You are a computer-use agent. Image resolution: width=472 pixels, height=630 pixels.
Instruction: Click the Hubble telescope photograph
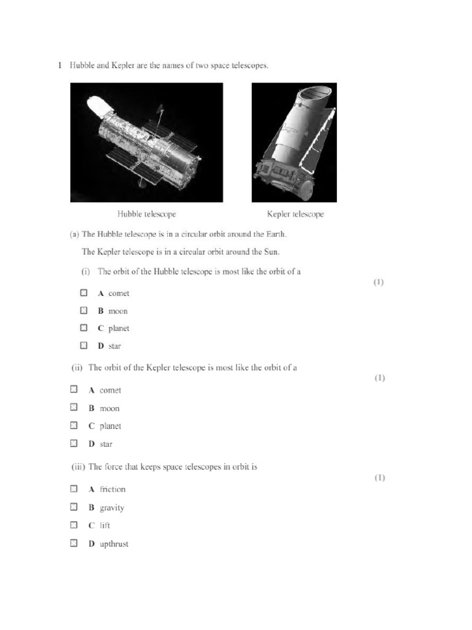[146, 143]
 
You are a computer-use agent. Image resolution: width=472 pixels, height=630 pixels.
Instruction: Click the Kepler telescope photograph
[294, 143]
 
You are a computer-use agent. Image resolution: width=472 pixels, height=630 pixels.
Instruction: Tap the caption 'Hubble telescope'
[147, 214]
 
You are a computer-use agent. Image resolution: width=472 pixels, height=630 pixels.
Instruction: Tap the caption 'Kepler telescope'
[295, 214]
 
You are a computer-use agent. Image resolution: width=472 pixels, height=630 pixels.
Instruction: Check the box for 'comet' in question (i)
[84, 293]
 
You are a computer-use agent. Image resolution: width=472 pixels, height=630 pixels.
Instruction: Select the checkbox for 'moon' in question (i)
[84, 311]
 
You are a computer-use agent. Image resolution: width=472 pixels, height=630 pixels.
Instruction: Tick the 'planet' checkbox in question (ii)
[74, 425]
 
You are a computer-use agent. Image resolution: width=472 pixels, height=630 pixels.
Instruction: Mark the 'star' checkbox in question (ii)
[74, 443]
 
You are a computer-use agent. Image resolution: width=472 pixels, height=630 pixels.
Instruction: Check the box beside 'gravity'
[74, 507]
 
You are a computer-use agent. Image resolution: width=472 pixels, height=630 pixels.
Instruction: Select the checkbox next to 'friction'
[74, 489]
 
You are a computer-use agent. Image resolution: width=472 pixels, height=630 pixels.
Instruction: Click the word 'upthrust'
[114, 544]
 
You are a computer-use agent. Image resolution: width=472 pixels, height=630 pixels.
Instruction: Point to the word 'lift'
[105, 525]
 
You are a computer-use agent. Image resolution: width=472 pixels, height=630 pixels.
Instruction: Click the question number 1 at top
[60, 65]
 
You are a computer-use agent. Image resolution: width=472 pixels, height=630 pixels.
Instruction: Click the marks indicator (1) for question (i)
[379, 282]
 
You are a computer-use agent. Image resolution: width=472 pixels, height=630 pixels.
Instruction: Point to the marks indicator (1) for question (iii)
[380, 477]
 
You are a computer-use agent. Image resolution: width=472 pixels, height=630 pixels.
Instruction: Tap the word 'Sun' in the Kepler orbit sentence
[272, 252]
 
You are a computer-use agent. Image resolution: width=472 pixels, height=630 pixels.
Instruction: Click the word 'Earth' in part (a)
[275, 234]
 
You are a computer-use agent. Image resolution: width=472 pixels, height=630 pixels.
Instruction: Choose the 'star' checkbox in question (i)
[84, 346]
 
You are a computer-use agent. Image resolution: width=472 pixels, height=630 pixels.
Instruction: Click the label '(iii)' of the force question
[78, 466]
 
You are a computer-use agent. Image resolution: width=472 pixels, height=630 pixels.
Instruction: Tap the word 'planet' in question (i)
[119, 329]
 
